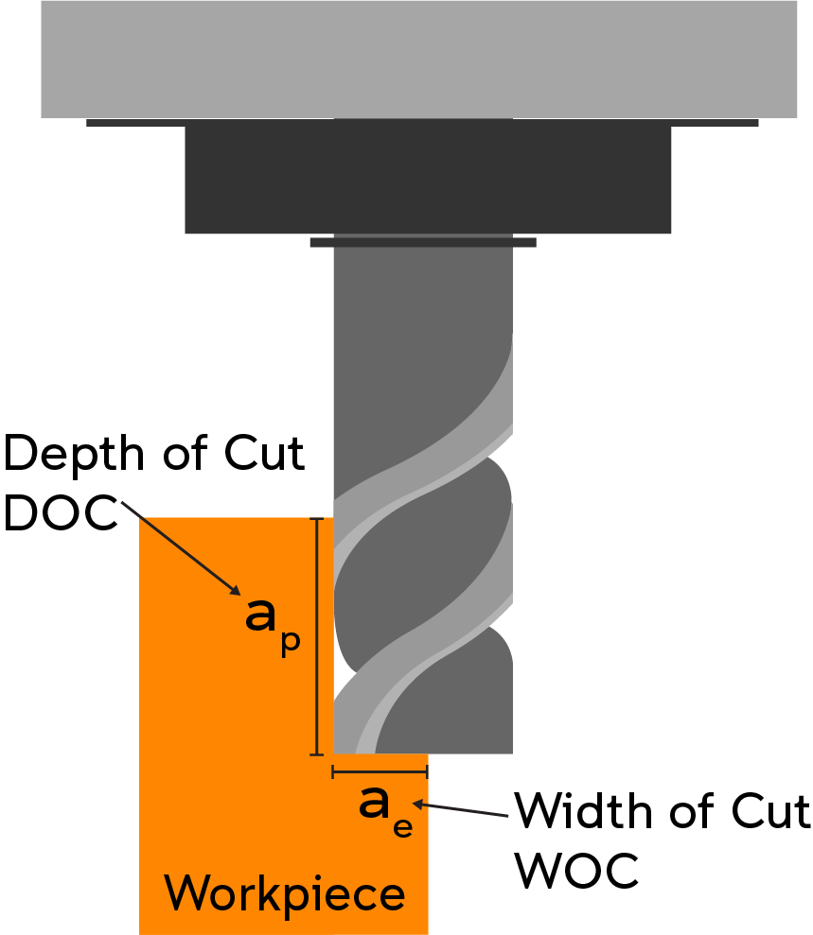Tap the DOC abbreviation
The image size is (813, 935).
(x=61, y=512)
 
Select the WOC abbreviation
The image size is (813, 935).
(x=576, y=871)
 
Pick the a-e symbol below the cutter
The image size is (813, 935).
(x=385, y=811)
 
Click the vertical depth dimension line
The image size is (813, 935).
(x=318, y=637)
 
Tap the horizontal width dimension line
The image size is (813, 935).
(x=380, y=772)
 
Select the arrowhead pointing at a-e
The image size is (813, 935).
(x=418, y=805)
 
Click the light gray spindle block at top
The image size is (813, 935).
(x=419, y=59)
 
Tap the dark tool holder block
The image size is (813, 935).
(x=428, y=180)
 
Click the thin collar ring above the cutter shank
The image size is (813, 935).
(x=423, y=242)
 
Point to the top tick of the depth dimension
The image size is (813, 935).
(x=317, y=519)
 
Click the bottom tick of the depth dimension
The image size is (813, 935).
(x=317, y=755)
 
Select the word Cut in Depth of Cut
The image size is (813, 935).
(x=264, y=453)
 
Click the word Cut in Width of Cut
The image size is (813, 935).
(x=770, y=811)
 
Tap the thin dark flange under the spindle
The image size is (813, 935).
(x=422, y=123)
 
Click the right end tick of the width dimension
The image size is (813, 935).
(x=427, y=772)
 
